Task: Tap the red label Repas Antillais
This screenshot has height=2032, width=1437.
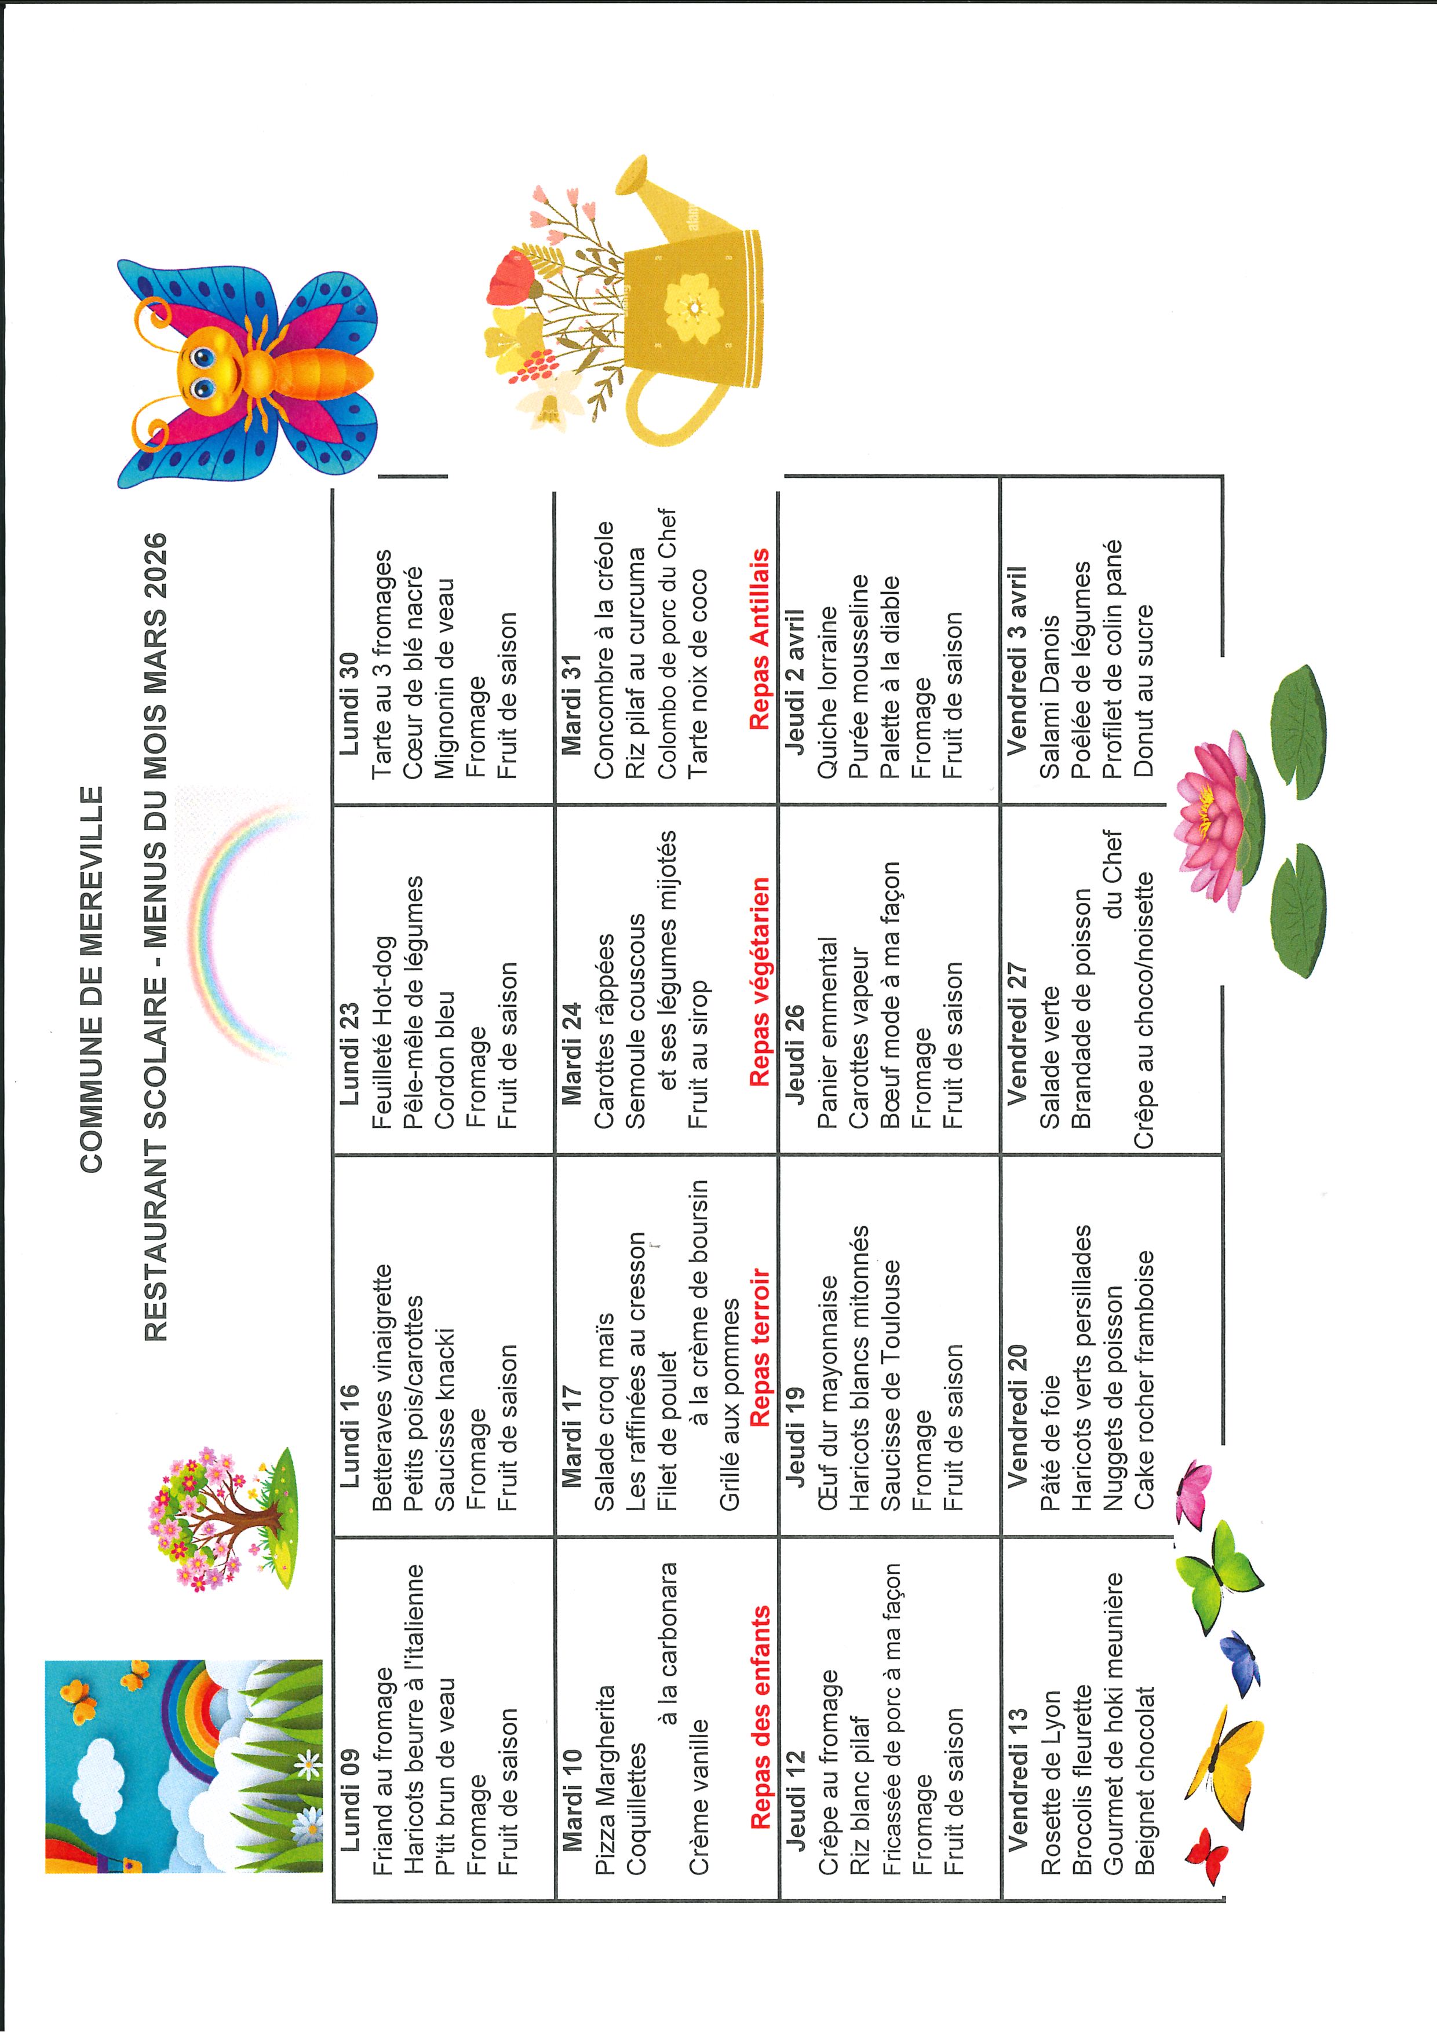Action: tap(760, 640)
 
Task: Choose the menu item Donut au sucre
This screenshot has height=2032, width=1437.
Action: tap(1143, 690)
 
